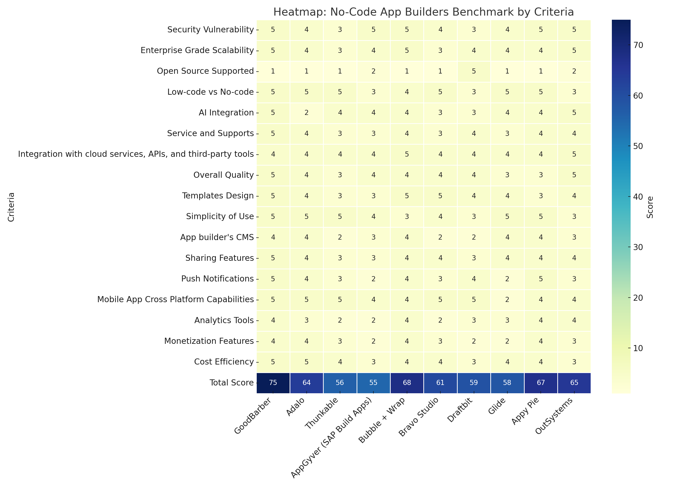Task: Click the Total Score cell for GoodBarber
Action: click(273, 383)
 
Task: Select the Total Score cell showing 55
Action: click(373, 383)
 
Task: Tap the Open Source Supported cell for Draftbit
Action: click(474, 71)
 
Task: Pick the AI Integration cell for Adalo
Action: click(306, 113)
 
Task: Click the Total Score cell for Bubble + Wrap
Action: click(407, 383)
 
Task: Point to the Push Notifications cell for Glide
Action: click(507, 279)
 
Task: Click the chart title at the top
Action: click(424, 12)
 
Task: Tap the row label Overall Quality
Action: click(223, 175)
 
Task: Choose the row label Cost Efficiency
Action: click(224, 362)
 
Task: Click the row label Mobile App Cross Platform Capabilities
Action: click(175, 300)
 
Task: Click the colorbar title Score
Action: click(650, 207)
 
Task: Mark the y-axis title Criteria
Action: click(11, 207)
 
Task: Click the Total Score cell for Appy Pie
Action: click(541, 383)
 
